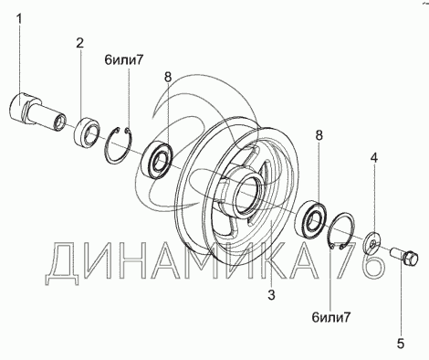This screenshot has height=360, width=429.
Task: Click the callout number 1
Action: [x=19, y=19]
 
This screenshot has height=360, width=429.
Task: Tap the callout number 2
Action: [x=79, y=43]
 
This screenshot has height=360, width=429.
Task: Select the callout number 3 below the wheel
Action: [x=271, y=294]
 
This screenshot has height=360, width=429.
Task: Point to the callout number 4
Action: [x=374, y=157]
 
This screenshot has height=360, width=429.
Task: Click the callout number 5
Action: [x=401, y=344]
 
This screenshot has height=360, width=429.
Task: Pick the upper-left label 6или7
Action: [x=123, y=60]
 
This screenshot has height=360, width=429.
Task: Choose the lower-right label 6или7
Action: [x=331, y=318]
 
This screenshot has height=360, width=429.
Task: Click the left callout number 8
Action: [x=168, y=77]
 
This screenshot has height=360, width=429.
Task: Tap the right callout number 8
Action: [x=319, y=135]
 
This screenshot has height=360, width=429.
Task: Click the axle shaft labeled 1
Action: [x=37, y=111]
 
